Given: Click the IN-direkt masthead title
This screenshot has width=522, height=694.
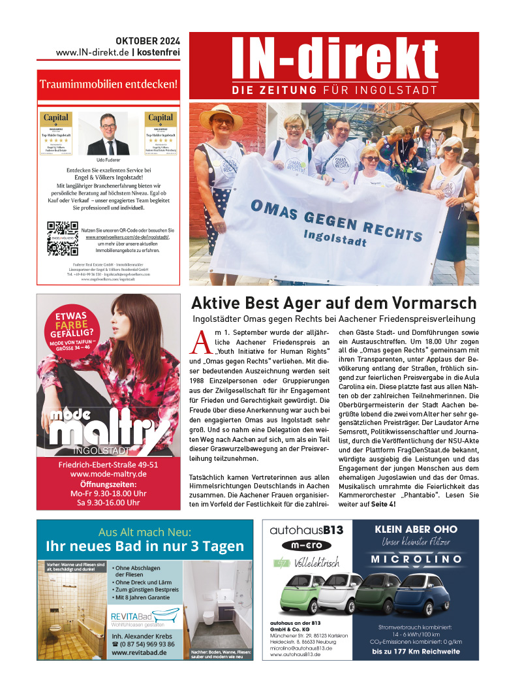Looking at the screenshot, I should tap(334, 57).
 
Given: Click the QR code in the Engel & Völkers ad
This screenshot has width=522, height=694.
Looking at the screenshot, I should tap(63, 238).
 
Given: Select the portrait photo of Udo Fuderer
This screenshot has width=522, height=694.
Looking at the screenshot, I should tap(108, 134).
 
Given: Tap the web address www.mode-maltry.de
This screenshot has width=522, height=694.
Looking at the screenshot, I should tap(108, 474).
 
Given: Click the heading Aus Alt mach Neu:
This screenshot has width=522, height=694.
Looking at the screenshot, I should tap(144, 531).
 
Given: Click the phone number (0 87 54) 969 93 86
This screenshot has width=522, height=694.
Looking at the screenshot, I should tap(144, 644).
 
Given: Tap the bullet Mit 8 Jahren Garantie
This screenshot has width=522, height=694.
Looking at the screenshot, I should tap(144, 597).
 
